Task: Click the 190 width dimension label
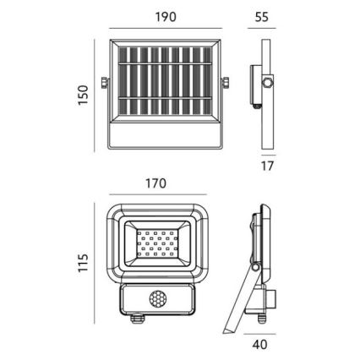pos(166,17)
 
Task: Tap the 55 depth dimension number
pos(262,17)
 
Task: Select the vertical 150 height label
pos(84,95)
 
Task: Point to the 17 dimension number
pos(267,166)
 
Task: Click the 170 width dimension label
pos(155,183)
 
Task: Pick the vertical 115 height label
pos(84,263)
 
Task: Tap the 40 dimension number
pos(259,344)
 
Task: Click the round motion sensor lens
pos(157,299)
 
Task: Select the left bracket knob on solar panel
pos(105,83)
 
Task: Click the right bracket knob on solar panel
pos(226,83)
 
